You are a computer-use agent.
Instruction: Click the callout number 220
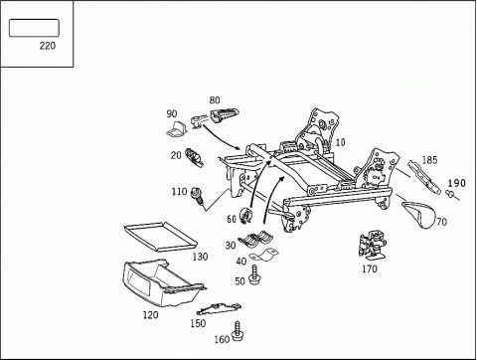coord(48,46)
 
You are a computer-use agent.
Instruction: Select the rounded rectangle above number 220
coord(34,28)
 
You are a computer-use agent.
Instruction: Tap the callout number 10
coord(340,142)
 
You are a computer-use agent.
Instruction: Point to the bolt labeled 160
coord(238,330)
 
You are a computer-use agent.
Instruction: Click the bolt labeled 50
coord(254,274)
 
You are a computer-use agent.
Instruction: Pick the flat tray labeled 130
coord(161,236)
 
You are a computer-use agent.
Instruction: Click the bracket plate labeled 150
coord(219,309)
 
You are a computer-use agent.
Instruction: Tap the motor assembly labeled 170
coord(373,246)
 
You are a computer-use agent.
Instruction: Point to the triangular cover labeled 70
coord(420,214)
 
